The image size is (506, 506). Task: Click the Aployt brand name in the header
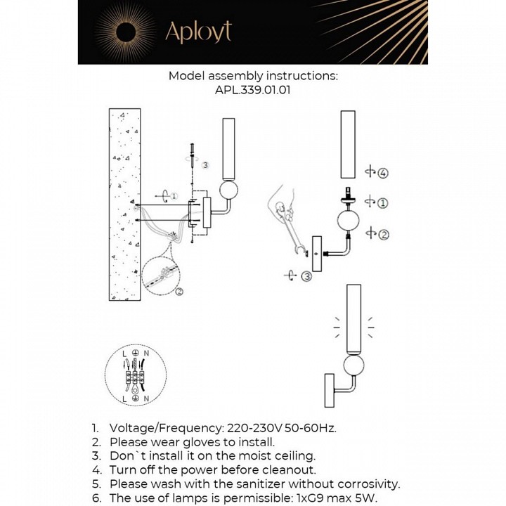(x=197, y=32)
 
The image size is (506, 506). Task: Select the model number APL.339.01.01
(x=253, y=90)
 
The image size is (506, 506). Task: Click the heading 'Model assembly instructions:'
(x=253, y=76)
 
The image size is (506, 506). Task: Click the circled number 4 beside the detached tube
(x=383, y=173)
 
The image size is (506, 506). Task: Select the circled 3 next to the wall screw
(x=205, y=165)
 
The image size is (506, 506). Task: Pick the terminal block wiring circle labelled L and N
(x=135, y=373)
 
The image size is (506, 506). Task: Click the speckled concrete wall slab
(x=124, y=204)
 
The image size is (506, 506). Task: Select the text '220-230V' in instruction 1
(x=251, y=428)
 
